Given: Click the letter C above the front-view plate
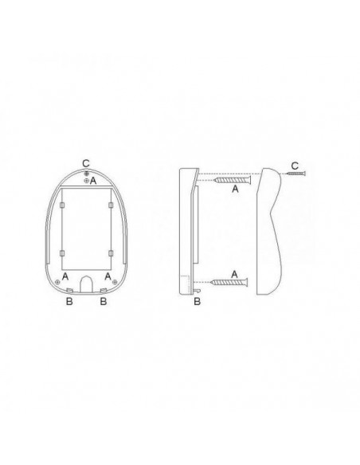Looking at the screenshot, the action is [86, 163].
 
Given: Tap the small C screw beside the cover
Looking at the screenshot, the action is [296, 174].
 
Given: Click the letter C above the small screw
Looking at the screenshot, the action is [295, 166].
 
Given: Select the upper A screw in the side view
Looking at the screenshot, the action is [233, 180].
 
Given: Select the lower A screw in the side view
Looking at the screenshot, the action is [229, 283].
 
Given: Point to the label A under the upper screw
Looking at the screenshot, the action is [235, 189].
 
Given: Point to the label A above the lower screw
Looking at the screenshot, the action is [234, 275].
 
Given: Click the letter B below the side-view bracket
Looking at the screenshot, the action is [198, 302].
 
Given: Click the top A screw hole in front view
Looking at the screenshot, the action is [86, 180].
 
